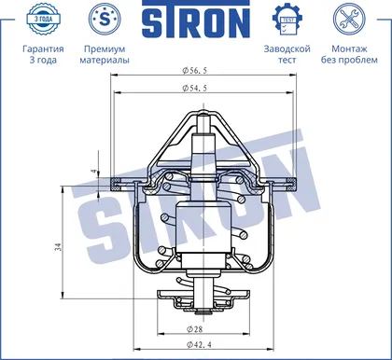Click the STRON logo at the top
point(196,19)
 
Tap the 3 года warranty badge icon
point(43,19)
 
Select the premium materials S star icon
point(105,19)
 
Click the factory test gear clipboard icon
point(287,20)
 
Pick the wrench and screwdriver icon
point(349,19)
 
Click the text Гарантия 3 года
point(43,54)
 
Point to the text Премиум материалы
point(105,54)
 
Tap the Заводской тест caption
point(287,54)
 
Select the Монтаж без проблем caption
point(349,54)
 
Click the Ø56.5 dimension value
point(194,71)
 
